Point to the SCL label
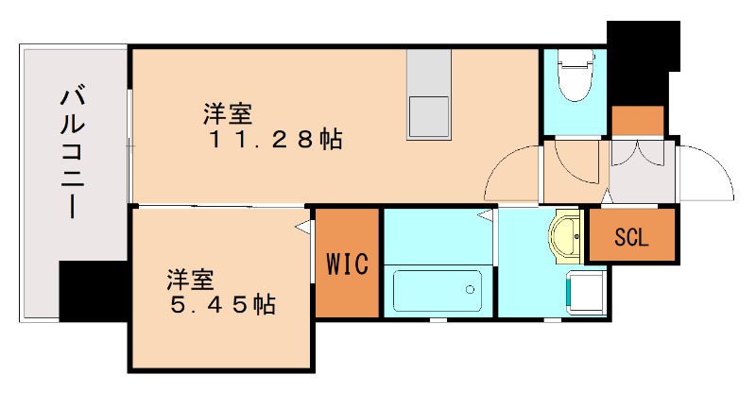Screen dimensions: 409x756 (x=631, y=237)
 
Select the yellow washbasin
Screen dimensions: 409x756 (x=567, y=235)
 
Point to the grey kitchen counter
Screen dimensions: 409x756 (x=429, y=94)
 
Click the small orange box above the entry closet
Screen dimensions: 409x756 (x=638, y=122)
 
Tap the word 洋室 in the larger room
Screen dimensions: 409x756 (x=228, y=115)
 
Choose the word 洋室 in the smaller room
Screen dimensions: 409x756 (x=191, y=281)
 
